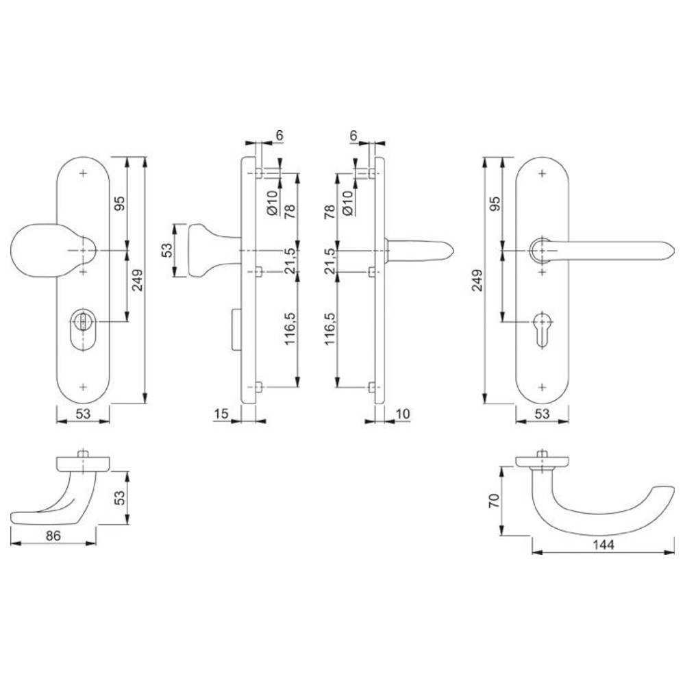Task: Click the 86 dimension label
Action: coord(53,535)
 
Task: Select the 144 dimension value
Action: coord(603,545)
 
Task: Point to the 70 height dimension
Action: coord(494,501)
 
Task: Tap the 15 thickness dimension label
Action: coord(221,413)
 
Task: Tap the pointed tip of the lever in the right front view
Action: coord(674,251)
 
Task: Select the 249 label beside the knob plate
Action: coord(137,280)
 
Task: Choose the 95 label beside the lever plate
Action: coord(495,203)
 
